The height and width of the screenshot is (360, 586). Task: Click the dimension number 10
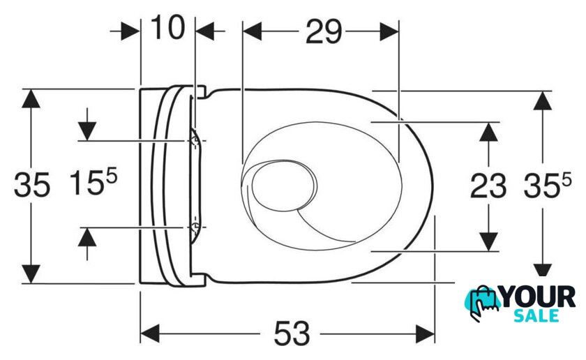click(167, 27)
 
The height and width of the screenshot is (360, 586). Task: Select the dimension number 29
click(324, 32)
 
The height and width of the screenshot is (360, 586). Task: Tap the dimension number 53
click(292, 333)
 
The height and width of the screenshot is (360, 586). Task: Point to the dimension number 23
click(488, 186)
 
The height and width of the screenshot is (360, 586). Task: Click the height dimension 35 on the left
click(32, 185)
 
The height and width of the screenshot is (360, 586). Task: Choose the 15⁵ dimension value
click(93, 181)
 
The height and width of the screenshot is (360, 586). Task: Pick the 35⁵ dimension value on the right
click(548, 186)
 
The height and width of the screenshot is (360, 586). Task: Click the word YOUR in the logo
click(539, 297)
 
